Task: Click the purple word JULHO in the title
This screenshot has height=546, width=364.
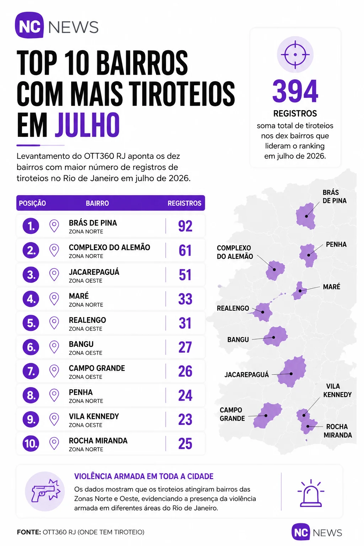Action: (87, 124)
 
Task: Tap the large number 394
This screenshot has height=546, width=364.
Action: (295, 91)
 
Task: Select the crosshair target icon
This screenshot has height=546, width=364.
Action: (295, 55)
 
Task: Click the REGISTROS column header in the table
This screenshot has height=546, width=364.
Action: (184, 203)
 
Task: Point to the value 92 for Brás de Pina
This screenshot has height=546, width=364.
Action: (185, 226)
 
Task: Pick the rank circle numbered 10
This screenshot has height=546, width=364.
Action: (31, 443)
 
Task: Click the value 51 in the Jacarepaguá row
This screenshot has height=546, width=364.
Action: (185, 275)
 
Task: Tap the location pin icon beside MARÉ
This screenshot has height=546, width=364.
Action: (54, 299)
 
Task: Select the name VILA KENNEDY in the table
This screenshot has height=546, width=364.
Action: (94, 416)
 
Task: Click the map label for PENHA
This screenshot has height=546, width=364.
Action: (336, 244)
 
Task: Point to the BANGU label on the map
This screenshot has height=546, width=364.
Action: (238, 339)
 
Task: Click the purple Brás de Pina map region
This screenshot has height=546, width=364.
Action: (306, 216)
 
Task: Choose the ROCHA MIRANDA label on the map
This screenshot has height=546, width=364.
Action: (338, 431)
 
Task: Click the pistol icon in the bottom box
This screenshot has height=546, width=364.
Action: (45, 491)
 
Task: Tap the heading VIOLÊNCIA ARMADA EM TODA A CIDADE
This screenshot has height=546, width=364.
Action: (144, 476)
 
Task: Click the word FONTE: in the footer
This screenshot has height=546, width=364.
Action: (29, 532)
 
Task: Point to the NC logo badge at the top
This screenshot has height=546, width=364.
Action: (30, 26)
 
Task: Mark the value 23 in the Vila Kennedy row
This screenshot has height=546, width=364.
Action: (185, 419)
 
